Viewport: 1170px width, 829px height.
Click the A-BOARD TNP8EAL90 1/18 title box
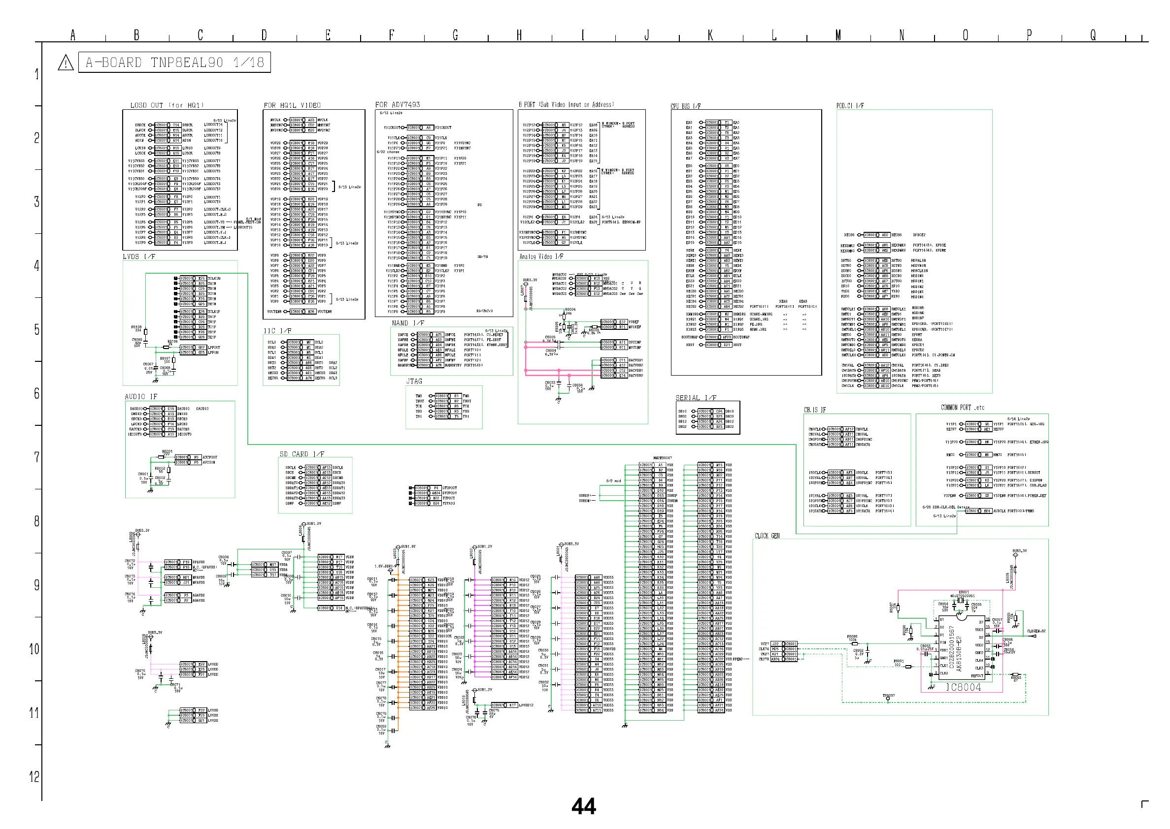pos(174,63)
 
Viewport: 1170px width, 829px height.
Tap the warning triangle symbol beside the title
pos(66,64)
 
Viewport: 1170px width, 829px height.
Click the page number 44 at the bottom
pos(584,806)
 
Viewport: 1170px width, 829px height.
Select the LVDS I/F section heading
pos(138,256)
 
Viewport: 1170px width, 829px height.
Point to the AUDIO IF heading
pos(141,397)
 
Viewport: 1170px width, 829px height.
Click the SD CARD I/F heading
pos(301,454)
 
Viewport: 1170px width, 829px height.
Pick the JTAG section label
pos(414,382)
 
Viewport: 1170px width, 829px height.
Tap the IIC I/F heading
pos(277,331)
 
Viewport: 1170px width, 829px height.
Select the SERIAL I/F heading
pos(696,398)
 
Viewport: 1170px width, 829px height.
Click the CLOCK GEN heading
pos(767,536)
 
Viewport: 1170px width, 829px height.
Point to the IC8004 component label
pos(963,687)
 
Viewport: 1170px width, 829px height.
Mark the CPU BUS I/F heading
pos(685,106)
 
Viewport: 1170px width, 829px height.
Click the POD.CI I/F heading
pos(850,106)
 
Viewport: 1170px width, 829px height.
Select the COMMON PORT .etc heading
pos(962,407)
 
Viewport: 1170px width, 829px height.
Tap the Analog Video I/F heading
pos(541,256)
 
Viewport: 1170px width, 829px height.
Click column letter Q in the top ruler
pos(1092,35)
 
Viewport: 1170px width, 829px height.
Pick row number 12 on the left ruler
pos(34,776)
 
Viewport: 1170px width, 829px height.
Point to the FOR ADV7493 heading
pos(398,105)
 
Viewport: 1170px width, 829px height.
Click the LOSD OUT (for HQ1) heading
pos(167,105)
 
